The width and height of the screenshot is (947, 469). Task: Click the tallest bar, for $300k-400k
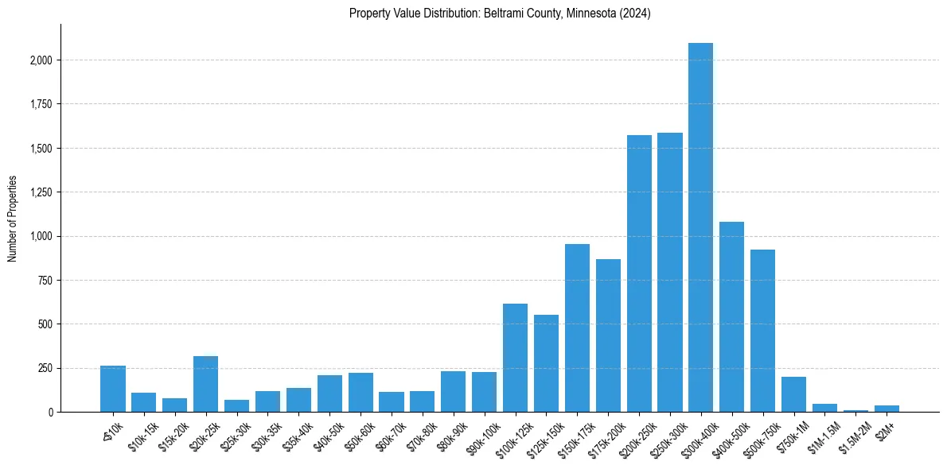(700, 231)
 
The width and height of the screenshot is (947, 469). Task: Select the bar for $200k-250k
(639, 274)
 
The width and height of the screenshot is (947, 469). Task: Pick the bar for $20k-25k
(205, 384)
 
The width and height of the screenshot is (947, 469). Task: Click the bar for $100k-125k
(515, 358)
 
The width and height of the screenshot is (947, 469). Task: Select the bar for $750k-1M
(793, 395)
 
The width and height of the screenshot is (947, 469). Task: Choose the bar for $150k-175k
(577, 328)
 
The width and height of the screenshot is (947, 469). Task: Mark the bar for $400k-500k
(731, 317)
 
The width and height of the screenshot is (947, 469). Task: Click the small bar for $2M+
(887, 409)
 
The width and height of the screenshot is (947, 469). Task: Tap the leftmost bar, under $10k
(113, 389)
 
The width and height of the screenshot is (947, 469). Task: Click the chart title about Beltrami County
(500, 14)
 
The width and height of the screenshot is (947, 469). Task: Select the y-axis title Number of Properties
(13, 219)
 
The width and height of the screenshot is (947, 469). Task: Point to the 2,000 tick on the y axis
(41, 60)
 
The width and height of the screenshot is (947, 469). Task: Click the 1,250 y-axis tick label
(41, 192)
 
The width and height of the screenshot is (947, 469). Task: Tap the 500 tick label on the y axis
(45, 324)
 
